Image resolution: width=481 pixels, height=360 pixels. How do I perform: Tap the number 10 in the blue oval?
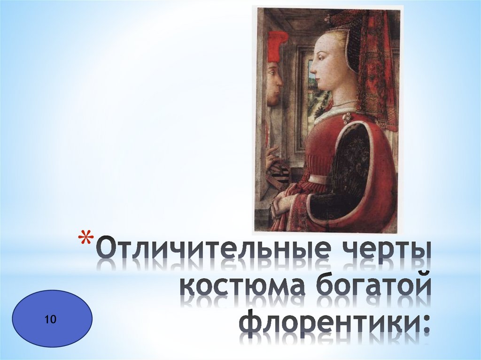point(51,320)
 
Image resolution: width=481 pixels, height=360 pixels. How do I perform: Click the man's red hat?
point(277,45)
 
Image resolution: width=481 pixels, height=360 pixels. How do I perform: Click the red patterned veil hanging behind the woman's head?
point(373,70)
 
